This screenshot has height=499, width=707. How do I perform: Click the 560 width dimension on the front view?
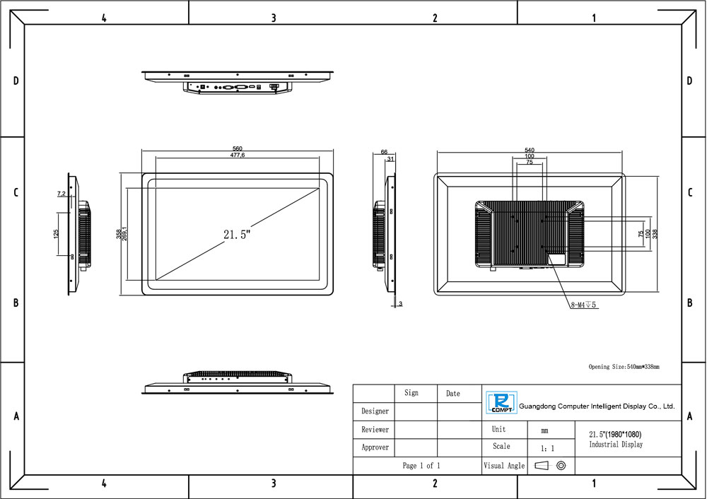point(237,148)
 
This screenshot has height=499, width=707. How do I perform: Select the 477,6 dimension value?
point(237,155)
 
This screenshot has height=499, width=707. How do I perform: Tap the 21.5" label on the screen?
point(237,235)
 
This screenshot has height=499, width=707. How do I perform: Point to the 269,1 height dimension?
point(124,233)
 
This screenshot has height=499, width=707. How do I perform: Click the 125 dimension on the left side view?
point(57,233)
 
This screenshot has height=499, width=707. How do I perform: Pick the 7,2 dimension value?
point(62,194)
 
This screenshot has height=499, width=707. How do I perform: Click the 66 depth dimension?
point(384,152)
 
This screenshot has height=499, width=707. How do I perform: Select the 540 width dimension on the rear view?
point(530,150)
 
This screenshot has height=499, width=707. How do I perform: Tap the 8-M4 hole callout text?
point(583,305)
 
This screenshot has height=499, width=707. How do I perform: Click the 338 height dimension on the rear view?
point(655,234)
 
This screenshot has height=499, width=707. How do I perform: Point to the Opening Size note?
point(624,367)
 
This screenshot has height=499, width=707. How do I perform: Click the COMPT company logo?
point(501,403)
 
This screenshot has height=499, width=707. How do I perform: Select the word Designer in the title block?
point(375,411)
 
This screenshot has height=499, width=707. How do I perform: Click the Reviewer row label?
point(375,430)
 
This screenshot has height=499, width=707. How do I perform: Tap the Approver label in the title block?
point(375,447)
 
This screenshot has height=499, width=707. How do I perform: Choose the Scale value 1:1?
point(547,449)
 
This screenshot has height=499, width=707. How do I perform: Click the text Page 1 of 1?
point(421,466)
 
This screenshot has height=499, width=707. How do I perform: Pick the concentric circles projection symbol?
point(561,465)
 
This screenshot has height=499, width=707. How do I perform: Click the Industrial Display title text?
point(616,445)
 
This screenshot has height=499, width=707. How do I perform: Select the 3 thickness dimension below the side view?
point(400,304)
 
